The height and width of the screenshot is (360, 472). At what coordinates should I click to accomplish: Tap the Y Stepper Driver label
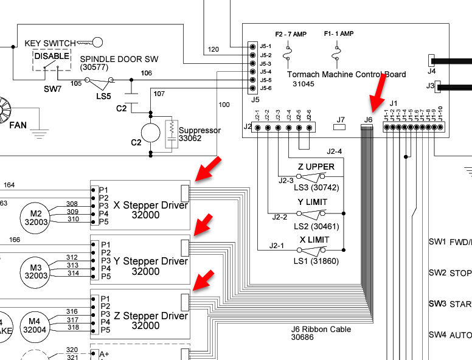point(151,266)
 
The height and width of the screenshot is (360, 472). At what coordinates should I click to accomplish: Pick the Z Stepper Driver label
point(151,320)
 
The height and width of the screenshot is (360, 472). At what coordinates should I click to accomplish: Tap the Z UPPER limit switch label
point(316,167)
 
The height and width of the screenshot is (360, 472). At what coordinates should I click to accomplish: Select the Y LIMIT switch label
point(313,202)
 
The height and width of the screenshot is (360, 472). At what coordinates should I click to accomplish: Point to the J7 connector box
point(340,128)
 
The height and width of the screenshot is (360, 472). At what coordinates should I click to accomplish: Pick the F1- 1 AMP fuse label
point(339,34)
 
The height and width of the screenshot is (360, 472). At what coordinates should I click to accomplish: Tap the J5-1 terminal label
point(265,46)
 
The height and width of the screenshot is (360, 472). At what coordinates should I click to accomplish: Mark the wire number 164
point(9,185)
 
